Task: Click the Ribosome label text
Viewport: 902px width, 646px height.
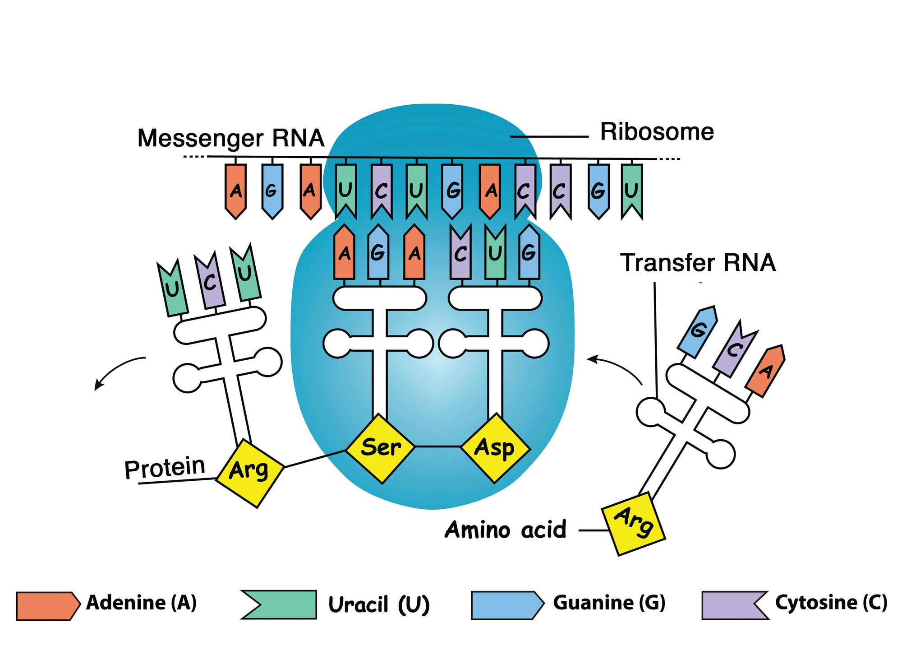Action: pos(657,132)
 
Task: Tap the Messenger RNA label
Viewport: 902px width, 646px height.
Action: pos(230,138)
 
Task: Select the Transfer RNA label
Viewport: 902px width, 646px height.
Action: pos(698,263)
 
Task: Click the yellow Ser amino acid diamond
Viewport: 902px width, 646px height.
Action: pos(380,448)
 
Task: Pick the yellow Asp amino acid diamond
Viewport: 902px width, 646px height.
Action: pos(495,448)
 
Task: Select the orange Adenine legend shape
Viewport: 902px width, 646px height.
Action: pos(47,606)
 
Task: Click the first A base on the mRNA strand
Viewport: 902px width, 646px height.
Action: pos(235,191)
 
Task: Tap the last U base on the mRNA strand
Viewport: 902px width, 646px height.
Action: pos(631,191)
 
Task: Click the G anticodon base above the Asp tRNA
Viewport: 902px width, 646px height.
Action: pos(529,253)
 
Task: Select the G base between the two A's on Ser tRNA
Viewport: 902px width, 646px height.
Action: pos(378,253)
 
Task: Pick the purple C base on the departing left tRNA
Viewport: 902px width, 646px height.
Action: pos(210,282)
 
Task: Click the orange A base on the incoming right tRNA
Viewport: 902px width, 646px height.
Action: pos(765,371)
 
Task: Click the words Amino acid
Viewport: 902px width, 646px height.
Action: pos(505,530)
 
